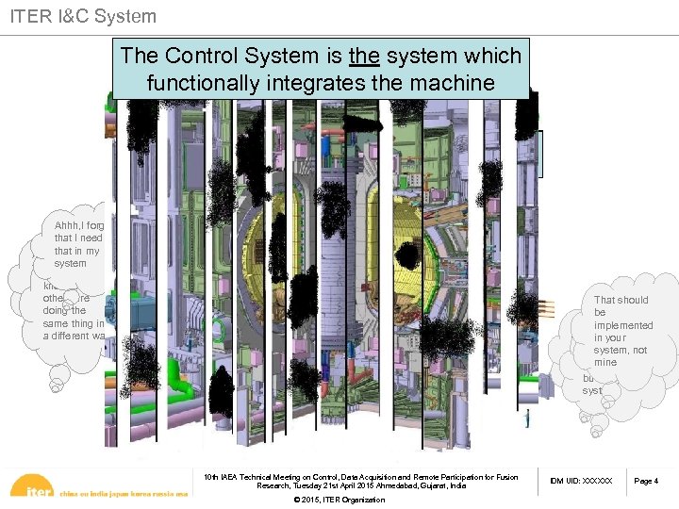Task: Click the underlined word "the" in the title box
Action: [363, 57]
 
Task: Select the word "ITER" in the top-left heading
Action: [29, 16]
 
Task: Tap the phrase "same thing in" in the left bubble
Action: [75, 323]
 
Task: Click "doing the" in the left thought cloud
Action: [64, 310]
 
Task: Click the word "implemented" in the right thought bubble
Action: [623, 325]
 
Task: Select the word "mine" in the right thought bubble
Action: [604, 362]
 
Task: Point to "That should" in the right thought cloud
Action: [621, 300]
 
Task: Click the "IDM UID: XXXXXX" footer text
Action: [582, 482]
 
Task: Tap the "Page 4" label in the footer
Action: [646, 482]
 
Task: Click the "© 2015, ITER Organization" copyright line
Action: [339, 500]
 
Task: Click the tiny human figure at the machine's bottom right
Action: [525, 418]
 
